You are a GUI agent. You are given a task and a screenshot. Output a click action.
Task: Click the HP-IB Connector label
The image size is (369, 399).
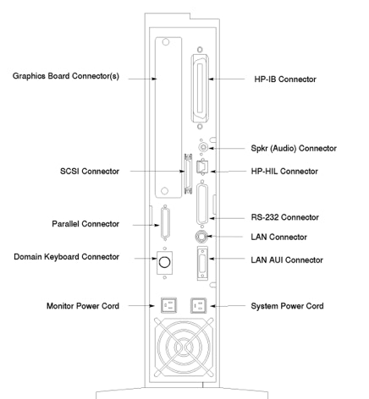pos(285,79)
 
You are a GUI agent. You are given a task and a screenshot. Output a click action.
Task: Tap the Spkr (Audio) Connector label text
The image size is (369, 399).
pos(294,148)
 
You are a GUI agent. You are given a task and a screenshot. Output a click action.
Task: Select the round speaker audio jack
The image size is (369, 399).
pos(203,147)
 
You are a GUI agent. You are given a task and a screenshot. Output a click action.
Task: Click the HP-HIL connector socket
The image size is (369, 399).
pos(202,167)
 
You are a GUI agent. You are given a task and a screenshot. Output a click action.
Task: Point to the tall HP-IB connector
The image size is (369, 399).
pos(200,89)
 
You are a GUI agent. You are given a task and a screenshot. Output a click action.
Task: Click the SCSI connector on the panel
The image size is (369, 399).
pos(188,174)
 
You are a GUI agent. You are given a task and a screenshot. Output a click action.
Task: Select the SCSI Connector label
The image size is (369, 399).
pos(90,172)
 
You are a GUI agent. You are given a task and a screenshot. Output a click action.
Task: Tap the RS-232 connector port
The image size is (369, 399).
pos(202,204)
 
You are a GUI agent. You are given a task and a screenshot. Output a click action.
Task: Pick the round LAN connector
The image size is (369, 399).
pos(201,236)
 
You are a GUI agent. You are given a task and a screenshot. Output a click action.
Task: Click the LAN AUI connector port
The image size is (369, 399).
pos(202,263)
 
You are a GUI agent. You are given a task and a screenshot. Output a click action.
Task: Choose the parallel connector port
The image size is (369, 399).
pos(165,223)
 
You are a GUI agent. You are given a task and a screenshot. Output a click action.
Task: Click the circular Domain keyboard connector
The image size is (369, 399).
pos(164,262)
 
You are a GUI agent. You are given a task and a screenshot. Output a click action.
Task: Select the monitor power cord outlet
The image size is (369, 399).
pos(168,305)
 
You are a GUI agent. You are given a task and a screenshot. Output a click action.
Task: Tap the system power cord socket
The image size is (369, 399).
pos(198,305)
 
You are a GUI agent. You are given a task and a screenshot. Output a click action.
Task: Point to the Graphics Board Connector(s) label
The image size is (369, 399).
pos(66,76)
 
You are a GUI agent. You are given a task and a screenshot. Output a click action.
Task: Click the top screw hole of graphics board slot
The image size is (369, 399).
pos(166,42)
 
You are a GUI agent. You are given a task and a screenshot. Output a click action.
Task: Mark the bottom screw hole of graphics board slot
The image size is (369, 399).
pos(164,191)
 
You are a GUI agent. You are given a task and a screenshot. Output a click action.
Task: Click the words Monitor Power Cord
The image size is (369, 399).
pos(83,306)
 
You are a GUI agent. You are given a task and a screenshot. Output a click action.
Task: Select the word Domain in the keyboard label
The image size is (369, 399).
pos(28,257)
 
